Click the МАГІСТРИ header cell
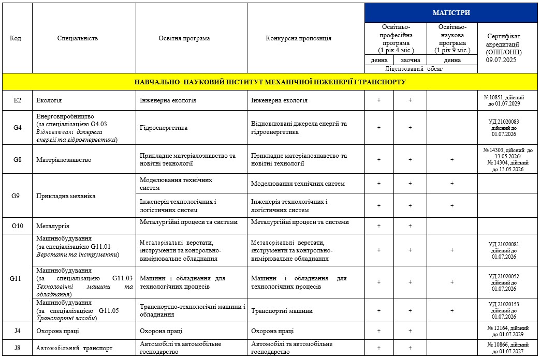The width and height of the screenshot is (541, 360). (451, 12)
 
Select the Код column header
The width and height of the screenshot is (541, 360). (16, 38)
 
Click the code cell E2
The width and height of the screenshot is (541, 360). (17, 100)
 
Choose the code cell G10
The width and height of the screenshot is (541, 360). (17, 226)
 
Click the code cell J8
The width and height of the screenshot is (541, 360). (17, 348)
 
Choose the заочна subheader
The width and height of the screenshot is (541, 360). (410, 60)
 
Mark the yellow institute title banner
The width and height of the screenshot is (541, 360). (270, 82)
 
